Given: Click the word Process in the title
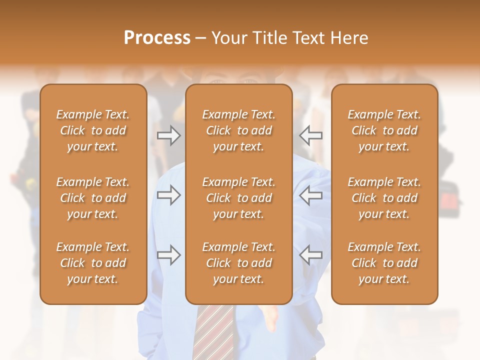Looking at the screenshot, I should [x=157, y=37].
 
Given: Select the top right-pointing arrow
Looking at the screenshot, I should [x=168, y=135].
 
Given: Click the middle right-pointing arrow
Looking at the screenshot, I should [x=168, y=195].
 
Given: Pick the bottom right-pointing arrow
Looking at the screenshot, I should [x=168, y=255].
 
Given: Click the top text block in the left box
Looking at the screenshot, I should [x=93, y=130].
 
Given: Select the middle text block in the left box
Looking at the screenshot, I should [x=93, y=198].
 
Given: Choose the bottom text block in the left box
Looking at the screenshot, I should [x=93, y=263].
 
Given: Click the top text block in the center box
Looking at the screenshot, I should [x=239, y=130].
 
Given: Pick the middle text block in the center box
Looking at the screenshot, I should [x=239, y=198].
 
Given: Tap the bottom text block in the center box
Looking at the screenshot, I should [x=239, y=263].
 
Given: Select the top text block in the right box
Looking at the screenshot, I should [x=384, y=130].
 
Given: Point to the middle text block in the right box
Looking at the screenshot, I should [x=384, y=198].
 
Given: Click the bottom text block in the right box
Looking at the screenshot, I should [x=384, y=263].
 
